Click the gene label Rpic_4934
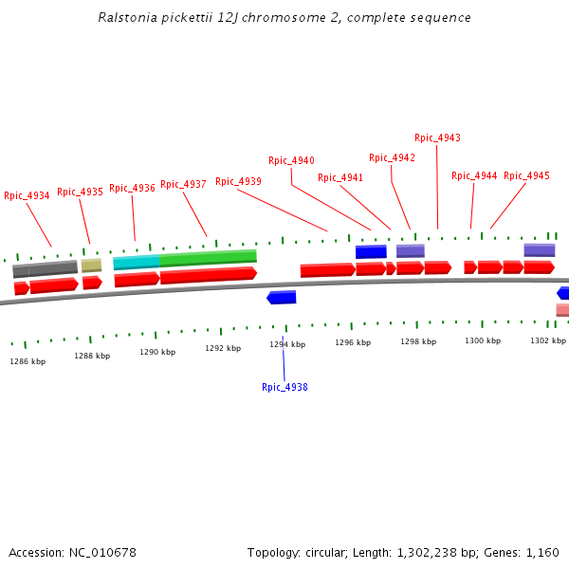tap(27, 196)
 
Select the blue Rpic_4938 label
tap(284, 387)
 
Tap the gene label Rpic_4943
tap(437, 138)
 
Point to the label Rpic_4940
tap(291, 161)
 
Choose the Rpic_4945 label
tap(526, 176)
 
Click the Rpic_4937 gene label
tap(183, 185)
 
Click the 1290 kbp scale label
tap(157, 352)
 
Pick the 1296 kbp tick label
tap(351, 343)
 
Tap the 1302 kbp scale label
tap(547, 340)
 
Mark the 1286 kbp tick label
tap(28, 361)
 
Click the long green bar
tap(208, 257)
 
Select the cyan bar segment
tap(136, 262)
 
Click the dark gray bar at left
tap(45, 268)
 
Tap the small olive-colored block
tap(91, 266)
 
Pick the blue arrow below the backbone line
tap(282, 298)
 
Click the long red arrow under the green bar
tap(208, 275)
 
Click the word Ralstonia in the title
tap(128, 18)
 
